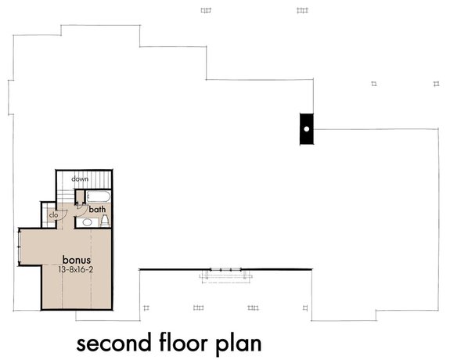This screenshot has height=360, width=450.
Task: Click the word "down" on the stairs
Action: (x=80, y=179)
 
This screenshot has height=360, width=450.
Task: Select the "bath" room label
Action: (x=97, y=210)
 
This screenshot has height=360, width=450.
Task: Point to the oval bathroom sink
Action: (x=87, y=222)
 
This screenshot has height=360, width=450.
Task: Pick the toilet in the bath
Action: (x=105, y=221)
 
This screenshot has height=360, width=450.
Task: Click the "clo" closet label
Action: (x=54, y=214)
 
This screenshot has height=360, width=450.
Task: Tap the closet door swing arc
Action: (x=67, y=214)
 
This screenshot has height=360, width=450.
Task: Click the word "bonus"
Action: (x=77, y=259)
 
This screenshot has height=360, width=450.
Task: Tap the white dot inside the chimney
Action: (x=307, y=128)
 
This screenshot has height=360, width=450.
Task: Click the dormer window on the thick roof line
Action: (x=225, y=273)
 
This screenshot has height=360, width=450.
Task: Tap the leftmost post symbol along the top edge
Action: (x=206, y=10)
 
